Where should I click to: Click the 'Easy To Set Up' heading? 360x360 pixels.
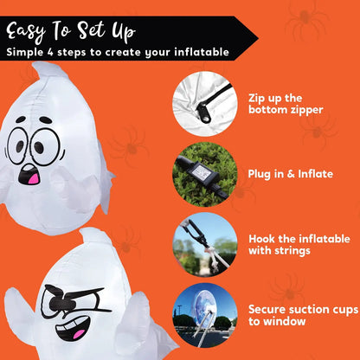pos(71,31)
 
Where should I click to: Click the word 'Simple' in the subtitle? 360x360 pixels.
pos(29,52)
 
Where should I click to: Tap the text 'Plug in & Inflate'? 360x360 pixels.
pos(291,174)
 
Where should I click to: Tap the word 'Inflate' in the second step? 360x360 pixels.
pos(314,174)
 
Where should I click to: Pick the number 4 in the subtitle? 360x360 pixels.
pos(64,52)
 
